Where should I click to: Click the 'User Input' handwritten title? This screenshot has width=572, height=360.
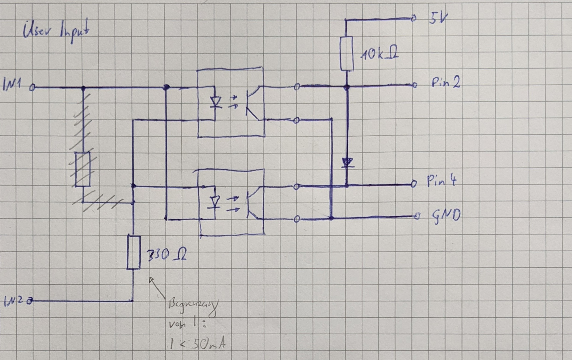(x=56, y=31)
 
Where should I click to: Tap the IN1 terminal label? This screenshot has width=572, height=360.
(x=12, y=84)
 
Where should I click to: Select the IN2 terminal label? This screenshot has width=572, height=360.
(x=13, y=302)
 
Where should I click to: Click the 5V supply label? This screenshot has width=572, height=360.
(x=438, y=18)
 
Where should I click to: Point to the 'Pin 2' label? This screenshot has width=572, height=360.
(x=446, y=83)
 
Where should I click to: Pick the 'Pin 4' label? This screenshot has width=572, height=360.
(x=442, y=181)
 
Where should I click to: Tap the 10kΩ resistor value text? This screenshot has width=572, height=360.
(x=379, y=54)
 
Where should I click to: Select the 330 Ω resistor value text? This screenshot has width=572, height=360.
(x=167, y=255)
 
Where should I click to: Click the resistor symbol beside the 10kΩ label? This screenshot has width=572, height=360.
(x=346, y=54)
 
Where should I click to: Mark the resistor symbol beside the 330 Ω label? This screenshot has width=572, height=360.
(x=134, y=252)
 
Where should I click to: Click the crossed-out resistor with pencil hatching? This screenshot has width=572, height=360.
(x=83, y=169)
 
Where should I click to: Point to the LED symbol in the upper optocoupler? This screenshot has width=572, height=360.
(x=215, y=102)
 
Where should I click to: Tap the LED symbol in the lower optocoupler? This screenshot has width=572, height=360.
(x=215, y=202)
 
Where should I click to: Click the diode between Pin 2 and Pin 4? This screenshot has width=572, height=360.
(x=347, y=163)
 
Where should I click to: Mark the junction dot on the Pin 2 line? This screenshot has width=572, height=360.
(x=346, y=87)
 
